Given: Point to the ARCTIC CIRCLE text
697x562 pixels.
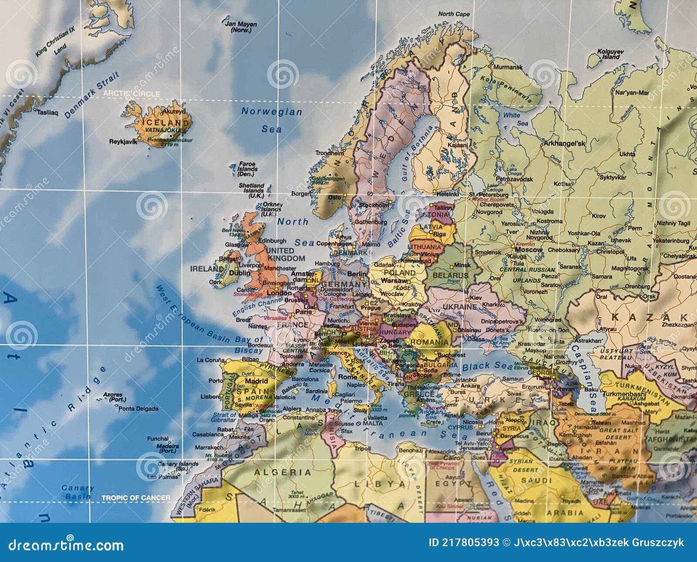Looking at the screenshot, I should pos(132,94).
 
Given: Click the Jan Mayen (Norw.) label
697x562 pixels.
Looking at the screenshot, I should pos(241,27).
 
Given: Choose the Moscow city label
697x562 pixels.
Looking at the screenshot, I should pos(529,250).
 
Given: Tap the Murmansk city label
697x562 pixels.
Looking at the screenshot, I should pos(508,67).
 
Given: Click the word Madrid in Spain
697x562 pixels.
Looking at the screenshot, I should pos(257,381).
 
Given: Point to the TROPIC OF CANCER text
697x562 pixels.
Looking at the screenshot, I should pos(136,498).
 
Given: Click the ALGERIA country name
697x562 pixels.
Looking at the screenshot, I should pos(282,472).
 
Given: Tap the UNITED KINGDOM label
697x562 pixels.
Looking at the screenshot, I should pos(285,254).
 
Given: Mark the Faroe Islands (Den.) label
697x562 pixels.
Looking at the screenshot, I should pos(248,169).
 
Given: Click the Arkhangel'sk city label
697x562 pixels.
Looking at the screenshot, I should pos(564,143).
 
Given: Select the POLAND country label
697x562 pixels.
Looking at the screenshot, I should pos(399,272).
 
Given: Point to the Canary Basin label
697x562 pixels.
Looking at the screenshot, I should pos(78,492).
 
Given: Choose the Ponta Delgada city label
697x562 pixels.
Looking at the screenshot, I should pos(138,409).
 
